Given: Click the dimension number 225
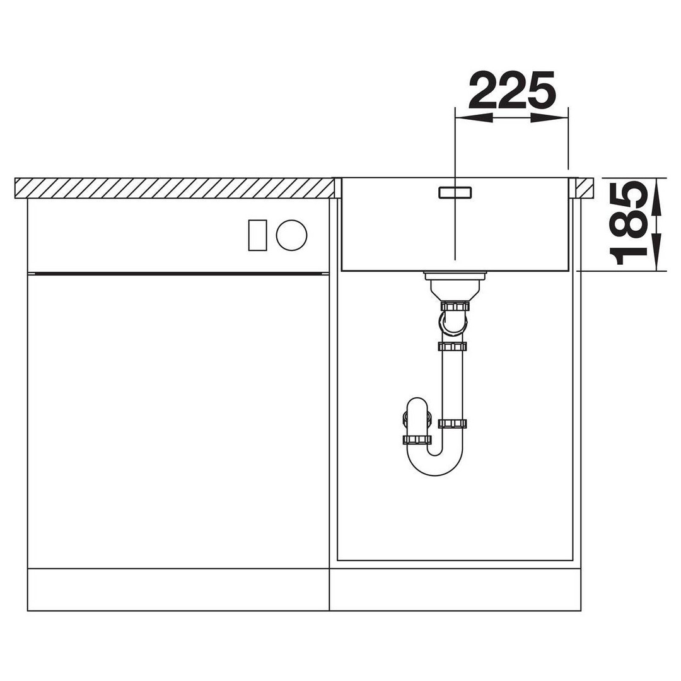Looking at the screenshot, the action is (x=512, y=90).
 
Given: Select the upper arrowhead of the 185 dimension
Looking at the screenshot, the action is (x=656, y=197).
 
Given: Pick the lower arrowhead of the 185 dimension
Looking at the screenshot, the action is (x=656, y=252).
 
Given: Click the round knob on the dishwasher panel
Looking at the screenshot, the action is (x=291, y=235).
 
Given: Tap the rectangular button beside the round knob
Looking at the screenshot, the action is (x=257, y=235).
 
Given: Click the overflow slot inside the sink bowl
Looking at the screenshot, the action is (x=455, y=192).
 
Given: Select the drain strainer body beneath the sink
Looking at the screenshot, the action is (x=454, y=286).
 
